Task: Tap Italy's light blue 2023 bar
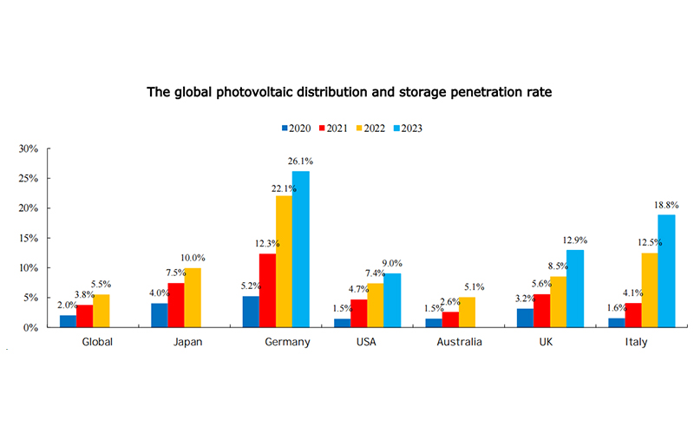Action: tap(666, 271)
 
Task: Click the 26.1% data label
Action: tap(300, 161)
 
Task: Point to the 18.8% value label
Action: tap(666, 205)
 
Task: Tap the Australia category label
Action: tap(461, 342)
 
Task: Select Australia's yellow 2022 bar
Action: tap(468, 312)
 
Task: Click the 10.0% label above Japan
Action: tap(193, 258)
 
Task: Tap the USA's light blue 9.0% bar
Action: tap(393, 300)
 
